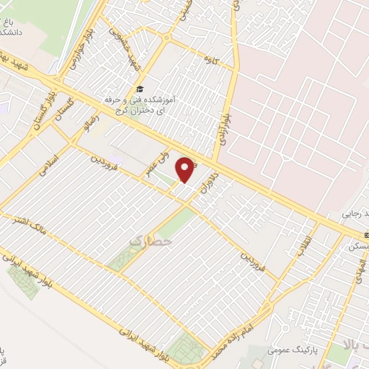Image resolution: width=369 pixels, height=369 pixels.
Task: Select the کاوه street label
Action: [x=211, y=53]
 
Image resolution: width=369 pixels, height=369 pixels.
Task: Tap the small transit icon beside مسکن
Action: [x=365, y=236]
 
